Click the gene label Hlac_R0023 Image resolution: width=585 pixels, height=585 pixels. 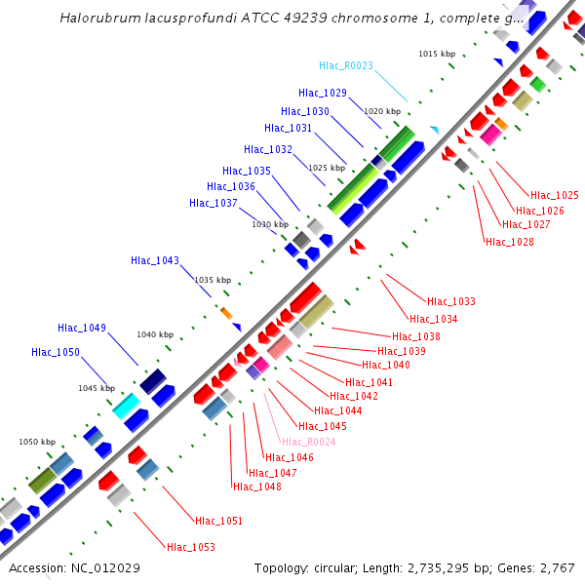(x=346, y=66)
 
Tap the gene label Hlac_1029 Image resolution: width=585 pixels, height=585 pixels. (x=322, y=94)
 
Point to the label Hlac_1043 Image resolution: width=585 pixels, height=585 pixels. (x=155, y=260)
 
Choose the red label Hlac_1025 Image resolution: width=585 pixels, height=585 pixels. (x=554, y=195)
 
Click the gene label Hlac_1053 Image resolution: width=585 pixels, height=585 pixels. (x=190, y=547)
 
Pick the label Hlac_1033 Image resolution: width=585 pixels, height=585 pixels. (x=450, y=301)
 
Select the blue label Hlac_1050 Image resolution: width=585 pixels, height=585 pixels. (x=56, y=352)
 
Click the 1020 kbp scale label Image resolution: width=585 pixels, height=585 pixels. (x=382, y=112)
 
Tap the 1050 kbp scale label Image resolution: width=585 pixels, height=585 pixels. (x=37, y=442)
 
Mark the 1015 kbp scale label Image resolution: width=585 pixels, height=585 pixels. (x=437, y=54)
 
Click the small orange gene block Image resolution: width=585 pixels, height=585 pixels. (x=226, y=313)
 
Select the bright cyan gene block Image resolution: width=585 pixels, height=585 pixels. (x=125, y=405)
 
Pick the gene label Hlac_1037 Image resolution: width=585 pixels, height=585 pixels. (x=214, y=203)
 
